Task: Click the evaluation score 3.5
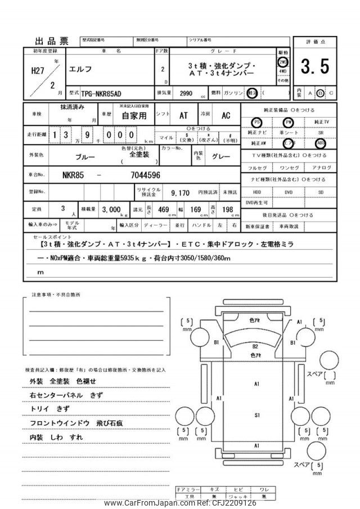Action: click(314, 68)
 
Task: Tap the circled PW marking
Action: click(289, 122)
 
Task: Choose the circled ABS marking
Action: click(321, 143)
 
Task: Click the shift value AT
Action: click(183, 115)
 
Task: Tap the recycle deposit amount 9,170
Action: click(181, 193)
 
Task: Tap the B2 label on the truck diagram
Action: click(255, 346)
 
